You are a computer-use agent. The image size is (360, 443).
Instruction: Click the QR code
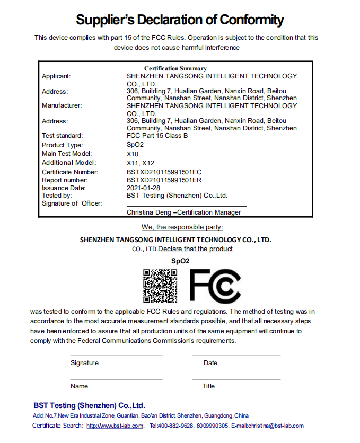[x=161, y=286]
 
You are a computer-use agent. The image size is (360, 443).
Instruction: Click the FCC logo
[x=215, y=286]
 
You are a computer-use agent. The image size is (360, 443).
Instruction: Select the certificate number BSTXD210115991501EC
[x=164, y=172]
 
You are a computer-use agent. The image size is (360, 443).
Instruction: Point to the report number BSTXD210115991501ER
[x=164, y=180]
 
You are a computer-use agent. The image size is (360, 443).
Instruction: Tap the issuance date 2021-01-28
[x=143, y=188]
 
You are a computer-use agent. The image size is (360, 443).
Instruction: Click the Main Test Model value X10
[x=133, y=154]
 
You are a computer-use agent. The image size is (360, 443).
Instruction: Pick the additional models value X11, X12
[x=141, y=163]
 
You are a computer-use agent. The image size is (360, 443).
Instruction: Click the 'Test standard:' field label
[x=62, y=136]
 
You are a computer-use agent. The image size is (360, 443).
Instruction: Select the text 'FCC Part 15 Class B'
[x=157, y=136]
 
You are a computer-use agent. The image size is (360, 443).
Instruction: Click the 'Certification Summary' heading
[x=175, y=68]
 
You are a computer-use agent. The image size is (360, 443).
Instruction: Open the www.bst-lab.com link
[x=115, y=426]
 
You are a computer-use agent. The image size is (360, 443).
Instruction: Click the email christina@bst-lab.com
[x=275, y=426]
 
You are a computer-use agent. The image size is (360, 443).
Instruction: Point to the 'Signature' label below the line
[x=84, y=363]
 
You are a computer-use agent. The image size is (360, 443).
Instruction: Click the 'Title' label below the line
[x=208, y=386]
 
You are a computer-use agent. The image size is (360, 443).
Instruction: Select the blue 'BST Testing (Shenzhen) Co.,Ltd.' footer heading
[x=89, y=405]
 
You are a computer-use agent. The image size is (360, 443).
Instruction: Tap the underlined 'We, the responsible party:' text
[x=182, y=227]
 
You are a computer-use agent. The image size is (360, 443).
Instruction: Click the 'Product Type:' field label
[x=63, y=145]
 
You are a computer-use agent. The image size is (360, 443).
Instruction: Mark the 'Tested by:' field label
[x=57, y=195]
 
